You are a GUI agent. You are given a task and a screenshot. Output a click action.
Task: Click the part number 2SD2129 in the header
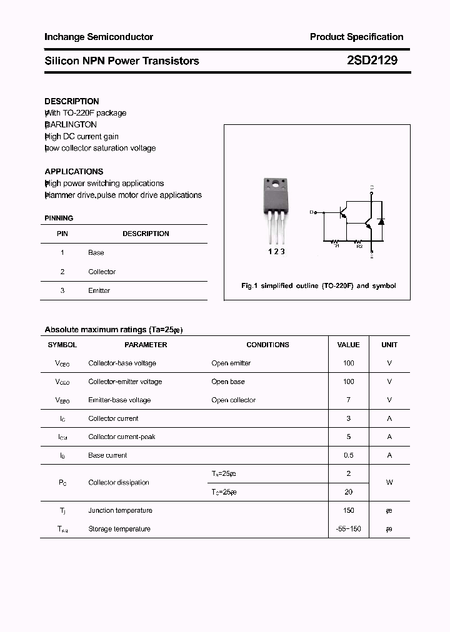coord(371,61)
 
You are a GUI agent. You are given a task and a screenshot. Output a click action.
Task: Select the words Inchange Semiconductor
coord(99,37)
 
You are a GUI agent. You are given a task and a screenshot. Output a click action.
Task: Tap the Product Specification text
coord(356,37)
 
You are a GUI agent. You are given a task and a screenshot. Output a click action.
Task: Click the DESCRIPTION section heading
coord(72,101)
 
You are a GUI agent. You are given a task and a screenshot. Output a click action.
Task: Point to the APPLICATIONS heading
coord(74,171)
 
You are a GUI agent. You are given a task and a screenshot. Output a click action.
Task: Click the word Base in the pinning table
coord(96,253)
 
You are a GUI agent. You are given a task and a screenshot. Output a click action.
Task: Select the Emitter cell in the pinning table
coord(99,291)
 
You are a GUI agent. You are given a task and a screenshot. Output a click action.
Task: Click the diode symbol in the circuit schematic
coord(381,222)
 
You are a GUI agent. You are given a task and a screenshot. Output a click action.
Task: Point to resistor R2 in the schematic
coord(359,241)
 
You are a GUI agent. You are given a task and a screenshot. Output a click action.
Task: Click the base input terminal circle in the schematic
coord(316,213)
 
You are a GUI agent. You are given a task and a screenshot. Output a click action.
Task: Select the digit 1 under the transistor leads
coord(270,252)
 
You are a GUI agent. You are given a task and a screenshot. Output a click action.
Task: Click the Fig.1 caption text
coord(319,285)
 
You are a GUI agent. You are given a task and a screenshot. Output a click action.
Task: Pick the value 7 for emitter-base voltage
coord(348,400)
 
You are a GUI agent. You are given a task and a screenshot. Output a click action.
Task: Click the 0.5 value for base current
coord(348,456)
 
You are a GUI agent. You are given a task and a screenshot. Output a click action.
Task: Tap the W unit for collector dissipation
coord(389,483)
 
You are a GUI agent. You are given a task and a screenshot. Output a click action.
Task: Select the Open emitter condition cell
coord(231,363)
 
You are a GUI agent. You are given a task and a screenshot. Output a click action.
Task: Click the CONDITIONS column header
coord(267,345)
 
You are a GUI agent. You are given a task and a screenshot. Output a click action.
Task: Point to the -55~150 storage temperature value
coord(348,529)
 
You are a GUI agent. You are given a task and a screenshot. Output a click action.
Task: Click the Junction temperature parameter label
coord(120,511)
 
